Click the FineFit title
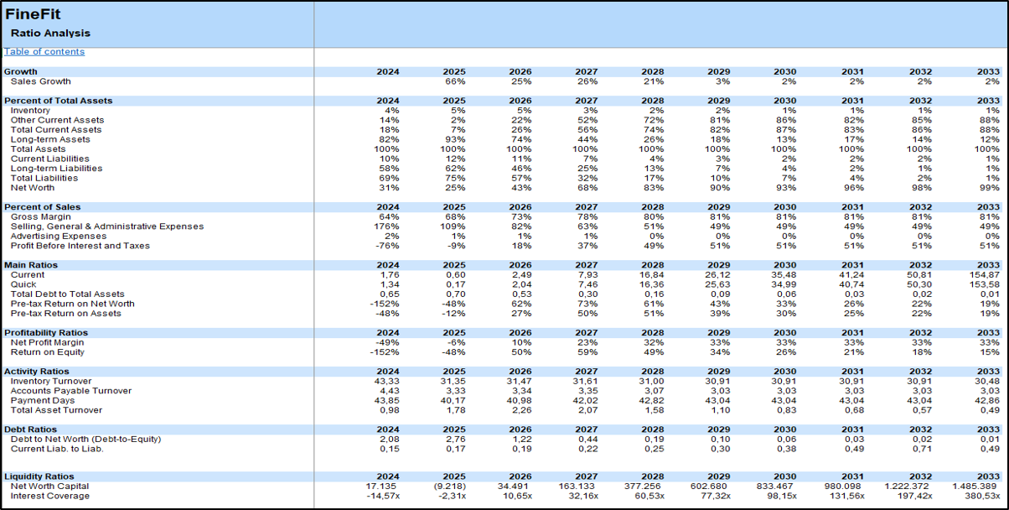33,14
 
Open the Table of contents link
44,52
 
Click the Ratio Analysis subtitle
50,34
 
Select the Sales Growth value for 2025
455,81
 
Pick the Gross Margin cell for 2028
653,217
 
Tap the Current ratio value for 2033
984,275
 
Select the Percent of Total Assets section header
59,101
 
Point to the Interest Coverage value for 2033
981,497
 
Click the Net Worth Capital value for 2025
449,487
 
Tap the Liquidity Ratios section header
39,477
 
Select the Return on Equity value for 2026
520,352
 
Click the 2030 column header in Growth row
785,72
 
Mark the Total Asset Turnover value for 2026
520,410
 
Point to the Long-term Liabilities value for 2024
391,169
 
